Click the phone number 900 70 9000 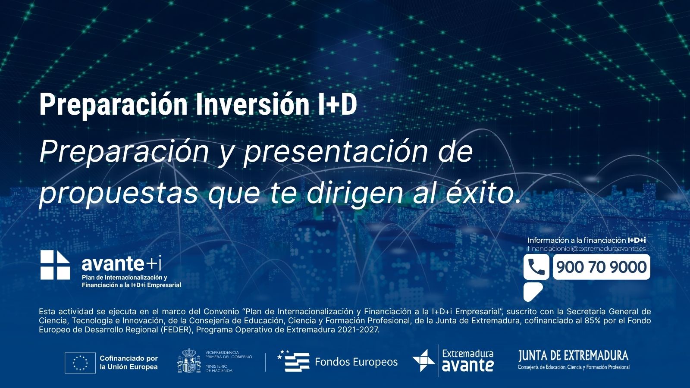click(x=601, y=267)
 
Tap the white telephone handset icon click(x=536, y=267)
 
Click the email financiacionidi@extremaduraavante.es click(x=586, y=248)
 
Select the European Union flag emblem click(x=80, y=363)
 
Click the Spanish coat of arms click(x=189, y=360)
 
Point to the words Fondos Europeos click(x=356, y=362)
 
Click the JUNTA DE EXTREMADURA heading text click(x=573, y=356)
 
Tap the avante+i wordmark click(x=121, y=263)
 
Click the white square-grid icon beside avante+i click(x=55, y=265)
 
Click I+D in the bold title click(x=337, y=105)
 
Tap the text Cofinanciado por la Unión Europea click(x=129, y=363)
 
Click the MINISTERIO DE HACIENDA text click(x=219, y=368)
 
